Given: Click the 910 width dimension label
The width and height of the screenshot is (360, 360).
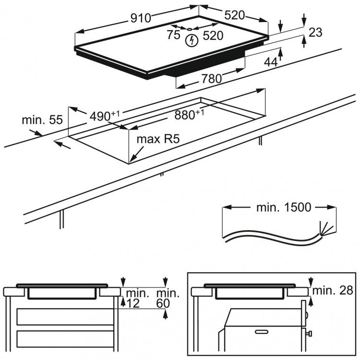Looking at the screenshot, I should [x=140, y=18].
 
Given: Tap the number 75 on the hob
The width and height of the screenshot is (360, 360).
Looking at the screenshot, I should [x=173, y=35].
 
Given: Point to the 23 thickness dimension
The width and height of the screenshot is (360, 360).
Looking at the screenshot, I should [x=315, y=33].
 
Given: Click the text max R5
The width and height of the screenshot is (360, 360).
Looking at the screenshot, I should [x=158, y=140].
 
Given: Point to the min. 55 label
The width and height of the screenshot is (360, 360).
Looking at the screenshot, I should [x=42, y=120].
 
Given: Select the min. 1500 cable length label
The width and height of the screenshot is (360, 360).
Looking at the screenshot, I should [x=283, y=207].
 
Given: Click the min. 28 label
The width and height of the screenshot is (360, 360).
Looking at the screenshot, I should [x=333, y=290].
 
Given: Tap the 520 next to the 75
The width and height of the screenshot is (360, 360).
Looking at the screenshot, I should [x=213, y=35].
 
